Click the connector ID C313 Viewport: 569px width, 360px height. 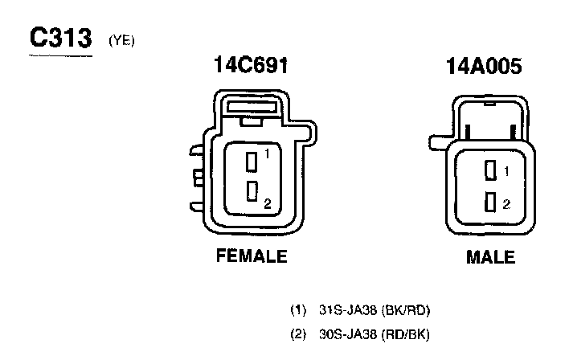(x=60, y=38)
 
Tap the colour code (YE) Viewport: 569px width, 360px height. (x=121, y=41)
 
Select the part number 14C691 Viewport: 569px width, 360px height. (x=251, y=65)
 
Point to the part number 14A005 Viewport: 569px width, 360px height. (x=484, y=67)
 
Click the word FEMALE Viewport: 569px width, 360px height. (x=252, y=256)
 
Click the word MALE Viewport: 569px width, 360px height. (x=490, y=257)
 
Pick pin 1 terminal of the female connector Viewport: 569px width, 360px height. (x=252, y=162)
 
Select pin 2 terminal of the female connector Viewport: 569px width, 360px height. (x=252, y=191)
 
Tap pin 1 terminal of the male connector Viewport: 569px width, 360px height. (x=490, y=170)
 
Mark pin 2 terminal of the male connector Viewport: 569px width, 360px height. (x=490, y=202)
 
